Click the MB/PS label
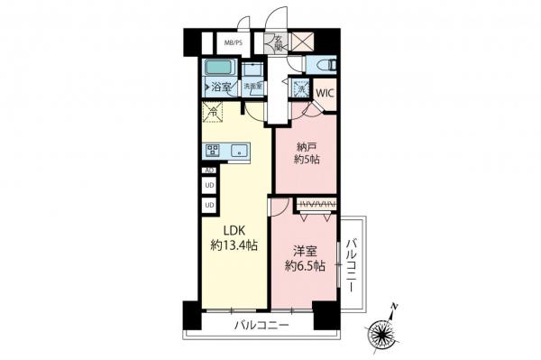pos(234,42)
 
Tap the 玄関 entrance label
pos(279,42)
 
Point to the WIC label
pos(326,92)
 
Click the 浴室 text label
pos(222,88)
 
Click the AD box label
pos(209,171)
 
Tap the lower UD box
pos(209,205)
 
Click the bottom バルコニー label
pos(261,325)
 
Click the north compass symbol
pos(387,331)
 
